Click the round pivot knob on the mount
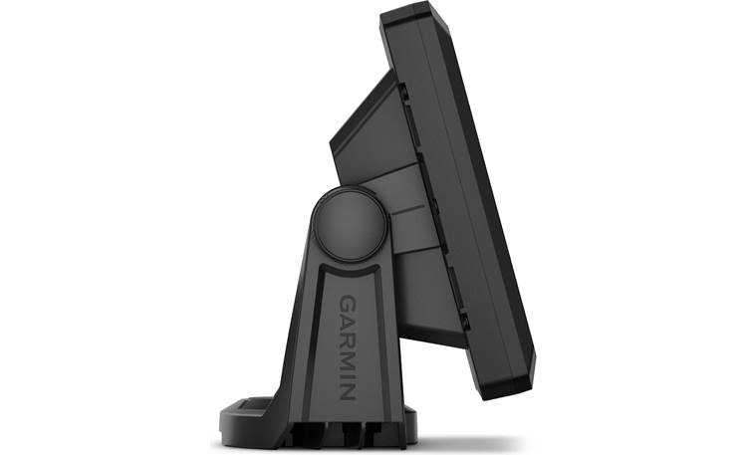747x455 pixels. [350, 224]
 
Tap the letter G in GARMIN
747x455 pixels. [348, 304]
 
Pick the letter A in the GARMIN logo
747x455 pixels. [348, 323]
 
